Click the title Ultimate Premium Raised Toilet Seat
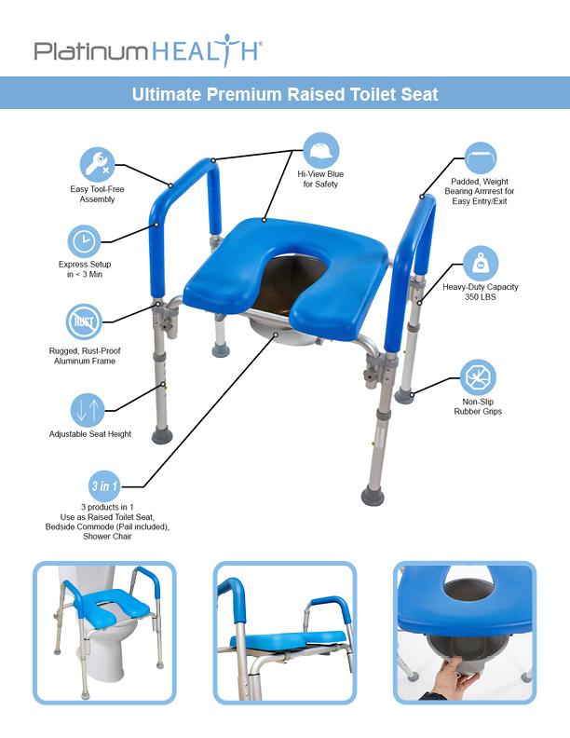[285, 94]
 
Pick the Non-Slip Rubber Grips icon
[478, 378]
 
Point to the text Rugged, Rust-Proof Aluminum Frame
[85, 355]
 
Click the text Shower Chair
[107, 536]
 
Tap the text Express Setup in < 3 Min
[85, 269]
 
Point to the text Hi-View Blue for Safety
[319, 179]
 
